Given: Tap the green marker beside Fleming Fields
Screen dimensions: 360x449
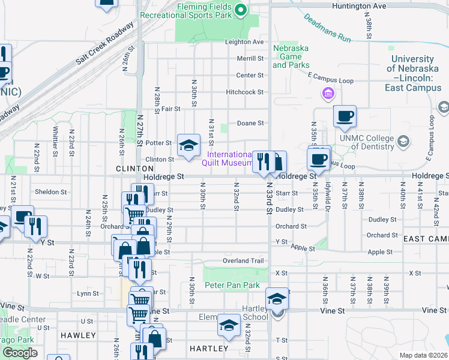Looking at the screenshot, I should pyautogui.click(x=241, y=9).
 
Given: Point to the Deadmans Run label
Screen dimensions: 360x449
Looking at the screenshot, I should pyautogui.click(x=327, y=28).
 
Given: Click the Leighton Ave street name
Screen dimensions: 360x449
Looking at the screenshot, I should pyautogui.click(x=244, y=42).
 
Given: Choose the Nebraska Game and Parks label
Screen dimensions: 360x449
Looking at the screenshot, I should pyautogui.click(x=291, y=56).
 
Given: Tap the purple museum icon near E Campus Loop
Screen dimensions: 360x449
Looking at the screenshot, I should pyautogui.click(x=328, y=93).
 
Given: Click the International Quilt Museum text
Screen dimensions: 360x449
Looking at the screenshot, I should pyautogui.click(x=231, y=159).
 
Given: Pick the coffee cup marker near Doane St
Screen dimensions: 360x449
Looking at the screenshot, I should pyautogui.click(x=345, y=116).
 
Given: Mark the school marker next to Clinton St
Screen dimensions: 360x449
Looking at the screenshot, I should pyautogui.click(x=188, y=145).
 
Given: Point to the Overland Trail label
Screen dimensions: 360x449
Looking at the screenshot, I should pyautogui.click(x=243, y=261).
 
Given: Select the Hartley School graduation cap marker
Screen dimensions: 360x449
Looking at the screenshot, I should pyautogui.click(x=277, y=299).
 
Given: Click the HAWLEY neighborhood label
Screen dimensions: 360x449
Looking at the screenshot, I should pyautogui.click(x=78, y=335).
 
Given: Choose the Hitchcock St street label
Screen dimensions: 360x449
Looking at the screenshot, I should pyautogui.click(x=245, y=92).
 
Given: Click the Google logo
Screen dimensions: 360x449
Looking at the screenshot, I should pyautogui.click(x=20, y=352).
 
